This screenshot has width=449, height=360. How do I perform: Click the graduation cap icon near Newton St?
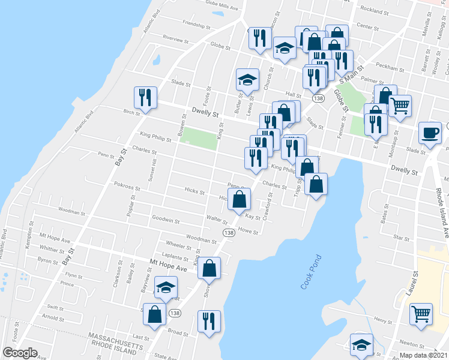pyautogui.click(x=361, y=344)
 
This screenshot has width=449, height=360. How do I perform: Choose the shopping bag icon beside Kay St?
pyautogui.click(x=239, y=199)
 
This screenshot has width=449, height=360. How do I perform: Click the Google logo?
pyautogui.click(x=20, y=352)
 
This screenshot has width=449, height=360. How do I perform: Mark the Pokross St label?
pyautogui.click(x=127, y=187)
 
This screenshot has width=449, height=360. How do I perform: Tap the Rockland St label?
pyautogui.click(x=374, y=10)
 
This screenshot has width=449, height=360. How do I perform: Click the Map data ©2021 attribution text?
pyautogui.click(x=424, y=355)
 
